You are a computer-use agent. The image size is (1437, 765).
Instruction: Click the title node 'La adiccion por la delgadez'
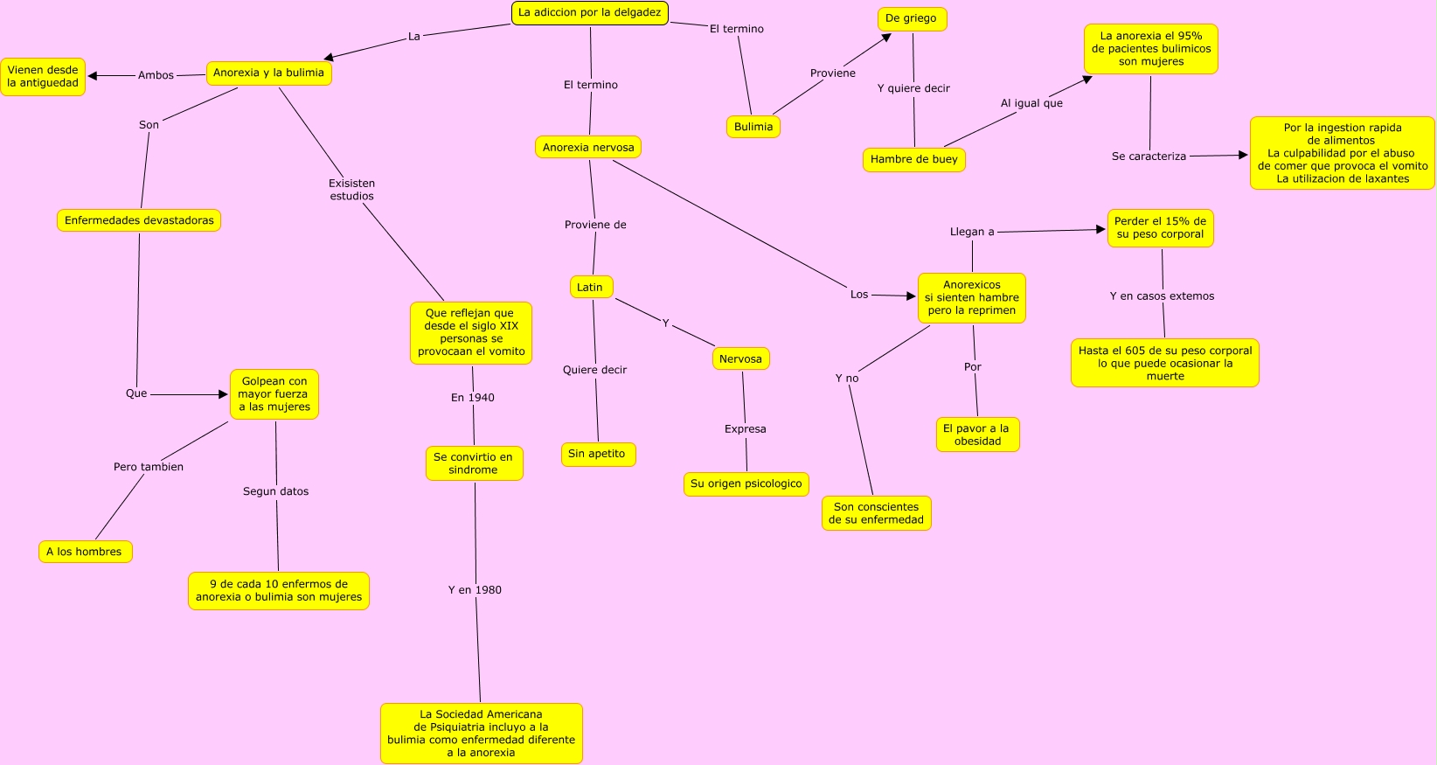[589, 13]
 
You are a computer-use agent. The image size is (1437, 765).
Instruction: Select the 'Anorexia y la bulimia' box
[269, 73]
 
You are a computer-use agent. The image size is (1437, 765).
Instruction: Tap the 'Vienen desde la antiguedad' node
[43, 77]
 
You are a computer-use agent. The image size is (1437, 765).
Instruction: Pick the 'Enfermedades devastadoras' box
[139, 221]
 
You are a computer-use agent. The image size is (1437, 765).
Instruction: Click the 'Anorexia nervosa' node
[588, 148]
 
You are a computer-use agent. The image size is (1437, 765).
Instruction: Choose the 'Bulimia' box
[753, 127]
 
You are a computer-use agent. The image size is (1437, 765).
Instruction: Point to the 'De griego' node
[912, 19]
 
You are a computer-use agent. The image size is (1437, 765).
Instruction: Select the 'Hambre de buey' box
[914, 160]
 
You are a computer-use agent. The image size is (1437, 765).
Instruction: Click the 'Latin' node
[591, 288]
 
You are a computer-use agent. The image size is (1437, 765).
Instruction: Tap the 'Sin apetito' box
[598, 455]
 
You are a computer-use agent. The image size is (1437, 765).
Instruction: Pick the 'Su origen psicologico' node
[746, 483]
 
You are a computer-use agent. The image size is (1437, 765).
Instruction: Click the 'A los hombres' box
[86, 552]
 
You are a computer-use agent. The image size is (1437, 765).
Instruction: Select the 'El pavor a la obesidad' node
[978, 435]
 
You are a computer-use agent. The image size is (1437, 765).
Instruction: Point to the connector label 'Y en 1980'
[475, 590]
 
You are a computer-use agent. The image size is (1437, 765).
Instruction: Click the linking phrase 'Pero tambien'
[149, 467]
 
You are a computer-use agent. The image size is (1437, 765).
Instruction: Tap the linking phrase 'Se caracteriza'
[1149, 156]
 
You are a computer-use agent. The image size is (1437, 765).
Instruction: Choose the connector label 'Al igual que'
[1031, 102]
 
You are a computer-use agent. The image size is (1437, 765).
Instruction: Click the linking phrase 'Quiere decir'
[594, 370]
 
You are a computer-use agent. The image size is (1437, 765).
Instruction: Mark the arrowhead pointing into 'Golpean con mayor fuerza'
[223, 394]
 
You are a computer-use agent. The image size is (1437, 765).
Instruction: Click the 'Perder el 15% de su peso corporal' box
[1161, 228]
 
